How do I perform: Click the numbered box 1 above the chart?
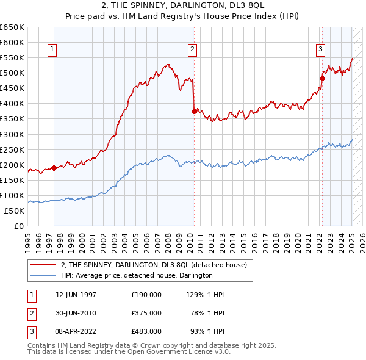[x=52, y=50]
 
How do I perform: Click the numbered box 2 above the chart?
[x=192, y=50]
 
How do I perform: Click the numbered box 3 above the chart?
[x=320, y=50]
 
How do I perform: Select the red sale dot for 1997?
[x=54, y=168]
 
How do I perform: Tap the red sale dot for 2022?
[x=322, y=78]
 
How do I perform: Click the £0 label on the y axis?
[x=20, y=226]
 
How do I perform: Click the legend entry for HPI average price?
[x=136, y=275]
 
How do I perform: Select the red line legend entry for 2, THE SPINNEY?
[x=153, y=265]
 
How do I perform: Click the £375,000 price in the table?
[x=146, y=313]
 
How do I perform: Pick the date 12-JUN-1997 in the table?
[x=76, y=295]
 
